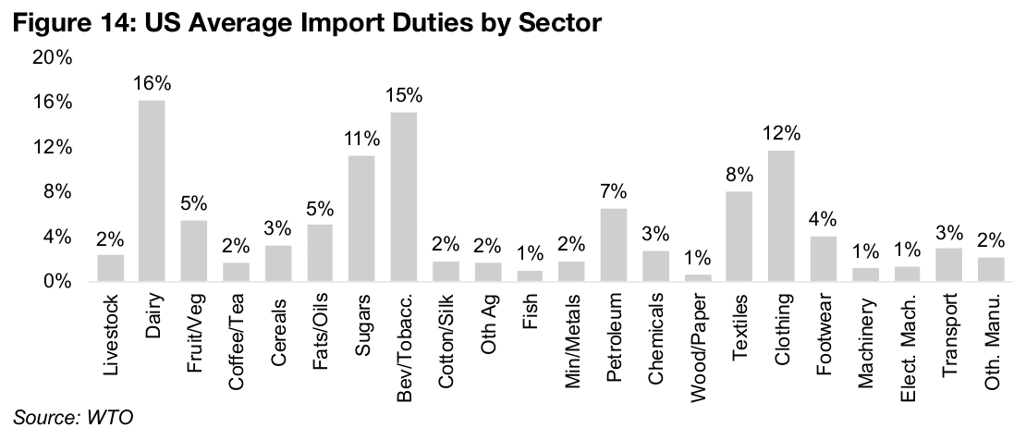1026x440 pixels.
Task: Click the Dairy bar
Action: click(153, 190)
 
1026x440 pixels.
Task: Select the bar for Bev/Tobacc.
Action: click(405, 196)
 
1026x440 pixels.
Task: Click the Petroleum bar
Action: click(614, 245)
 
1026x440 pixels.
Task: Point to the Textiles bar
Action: click(739, 236)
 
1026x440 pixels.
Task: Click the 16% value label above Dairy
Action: click(153, 84)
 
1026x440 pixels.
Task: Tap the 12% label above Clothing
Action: click(782, 135)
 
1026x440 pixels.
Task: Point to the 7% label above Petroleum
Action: click(614, 192)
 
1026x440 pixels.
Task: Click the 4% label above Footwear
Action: click(824, 220)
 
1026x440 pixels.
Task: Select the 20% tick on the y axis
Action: click(53, 57)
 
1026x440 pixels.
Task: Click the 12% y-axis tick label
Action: click(53, 147)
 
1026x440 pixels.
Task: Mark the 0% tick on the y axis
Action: click(57, 281)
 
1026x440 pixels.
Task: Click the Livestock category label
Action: click(111, 336)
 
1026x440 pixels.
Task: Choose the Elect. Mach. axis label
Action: click(909, 341)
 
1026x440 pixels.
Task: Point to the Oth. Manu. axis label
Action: click(992, 339)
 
